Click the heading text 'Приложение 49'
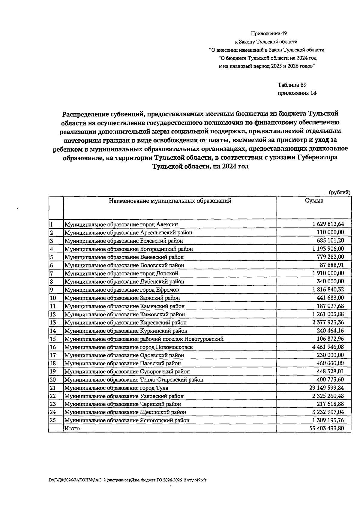point(267,34)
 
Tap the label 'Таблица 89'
point(292,85)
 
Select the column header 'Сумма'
point(314,201)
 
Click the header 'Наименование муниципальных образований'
point(170,201)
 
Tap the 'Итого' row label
point(72,429)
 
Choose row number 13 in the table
point(53,323)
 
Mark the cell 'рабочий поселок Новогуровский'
point(144,339)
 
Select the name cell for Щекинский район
point(125,412)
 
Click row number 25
point(53,420)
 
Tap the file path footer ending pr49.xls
point(127,480)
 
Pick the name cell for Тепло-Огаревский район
point(134,380)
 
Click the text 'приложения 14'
point(297,93)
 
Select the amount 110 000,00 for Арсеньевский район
point(330,232)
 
